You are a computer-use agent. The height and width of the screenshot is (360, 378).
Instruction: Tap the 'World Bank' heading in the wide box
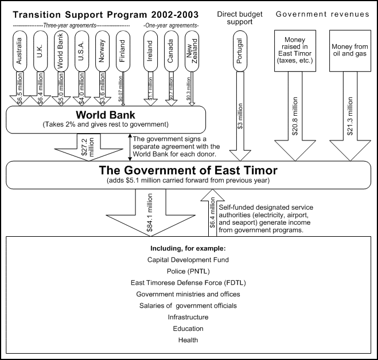tap(105, 114)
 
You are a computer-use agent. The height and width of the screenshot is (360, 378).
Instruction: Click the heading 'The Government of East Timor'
tap(188, 170)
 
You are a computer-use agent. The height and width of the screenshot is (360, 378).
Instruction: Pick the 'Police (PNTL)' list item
tap(188, 271)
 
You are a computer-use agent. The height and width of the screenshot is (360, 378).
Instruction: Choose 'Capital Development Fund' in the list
tap(188, 259)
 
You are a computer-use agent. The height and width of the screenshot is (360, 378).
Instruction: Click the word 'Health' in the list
tap(188, 339)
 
